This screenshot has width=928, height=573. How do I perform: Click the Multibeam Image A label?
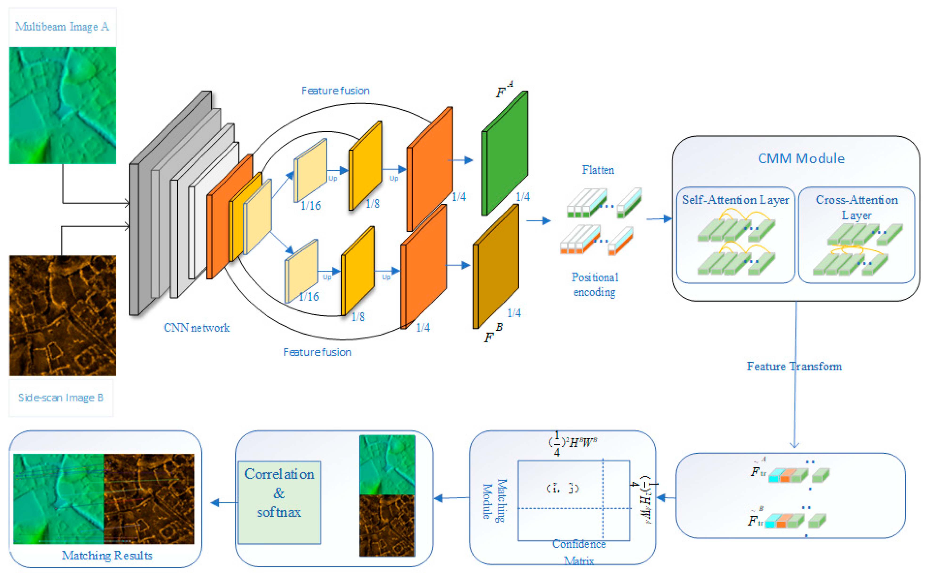[62, 27]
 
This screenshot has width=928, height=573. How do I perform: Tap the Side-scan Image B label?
[61, 397]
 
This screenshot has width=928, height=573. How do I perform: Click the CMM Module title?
[801, 158]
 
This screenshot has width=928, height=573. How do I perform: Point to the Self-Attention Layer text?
[735, 200]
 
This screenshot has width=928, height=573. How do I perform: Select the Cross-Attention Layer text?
[857, 207]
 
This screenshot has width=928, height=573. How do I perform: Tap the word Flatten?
[598, 170]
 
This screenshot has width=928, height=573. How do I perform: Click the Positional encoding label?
[595, 284]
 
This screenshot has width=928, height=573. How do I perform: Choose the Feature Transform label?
[794, 366]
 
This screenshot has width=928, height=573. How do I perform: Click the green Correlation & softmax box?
[279, 502]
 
